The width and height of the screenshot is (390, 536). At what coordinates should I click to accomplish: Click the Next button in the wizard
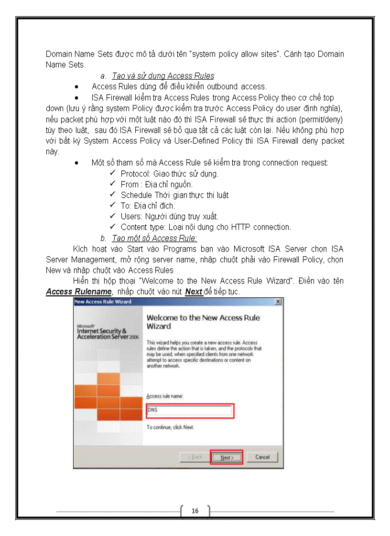click(227, 457)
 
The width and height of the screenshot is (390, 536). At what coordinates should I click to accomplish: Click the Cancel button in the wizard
click(262, 457)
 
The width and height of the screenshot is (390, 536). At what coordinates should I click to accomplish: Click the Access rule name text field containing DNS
click(189, 410)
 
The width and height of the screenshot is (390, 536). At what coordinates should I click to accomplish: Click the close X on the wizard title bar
click(278, 302)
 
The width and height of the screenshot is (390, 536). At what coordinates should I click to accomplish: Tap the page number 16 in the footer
click(195, 511)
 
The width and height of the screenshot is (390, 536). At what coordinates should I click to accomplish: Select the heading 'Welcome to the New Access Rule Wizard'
click(203, 322)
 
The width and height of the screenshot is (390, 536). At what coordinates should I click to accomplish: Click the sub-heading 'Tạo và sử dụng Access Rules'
click(162, 76)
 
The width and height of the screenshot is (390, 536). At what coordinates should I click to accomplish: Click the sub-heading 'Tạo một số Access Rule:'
click(154, 238)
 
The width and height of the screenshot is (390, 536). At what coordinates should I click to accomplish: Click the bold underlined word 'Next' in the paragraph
click(194, 291)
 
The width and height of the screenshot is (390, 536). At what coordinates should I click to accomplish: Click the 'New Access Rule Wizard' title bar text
click(103, 302)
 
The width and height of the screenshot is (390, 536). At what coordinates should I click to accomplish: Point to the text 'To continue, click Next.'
click(170, 427)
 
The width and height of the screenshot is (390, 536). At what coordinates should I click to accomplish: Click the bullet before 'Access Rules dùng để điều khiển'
click(77, 87)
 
